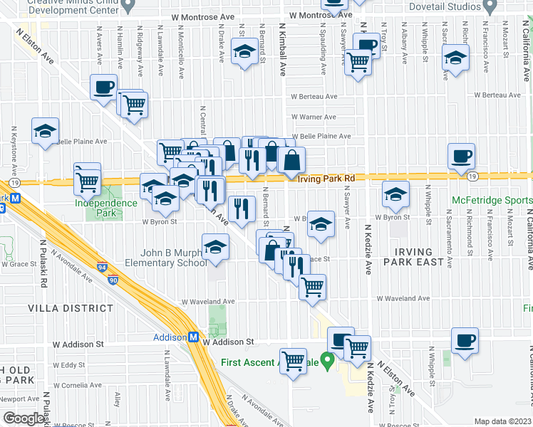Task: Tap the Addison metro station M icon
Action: click(192, 337)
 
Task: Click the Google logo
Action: click(24, 418)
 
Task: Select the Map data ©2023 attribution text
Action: click(503, 421)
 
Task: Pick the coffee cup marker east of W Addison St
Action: click(465, 340)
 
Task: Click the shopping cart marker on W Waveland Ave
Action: click(313, 287)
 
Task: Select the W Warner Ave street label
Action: click(313, 117)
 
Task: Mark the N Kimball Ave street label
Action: click(282, 53)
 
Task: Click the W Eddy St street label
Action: click(73, 365)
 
